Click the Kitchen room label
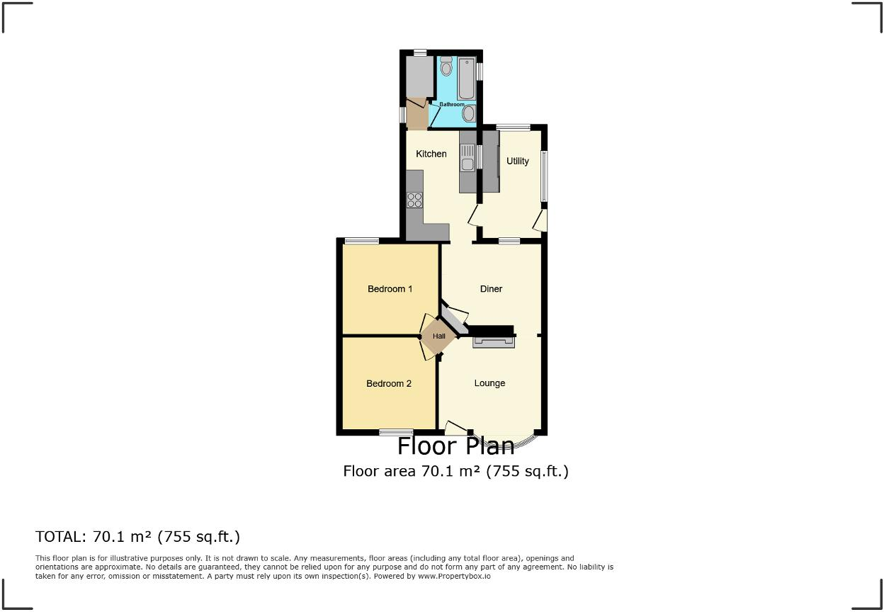[431, 154]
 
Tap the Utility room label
[518, 161]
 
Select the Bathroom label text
[452, 105]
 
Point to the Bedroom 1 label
[390, 289]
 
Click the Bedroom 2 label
[389, 384]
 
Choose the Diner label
[491, 289]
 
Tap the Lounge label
[489, 383]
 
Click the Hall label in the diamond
[439, 336]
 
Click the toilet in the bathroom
[446, 67]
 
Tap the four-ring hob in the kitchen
[414, 200]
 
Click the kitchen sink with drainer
[467, 157]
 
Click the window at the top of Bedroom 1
[361, 242]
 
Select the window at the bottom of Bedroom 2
[396, 432]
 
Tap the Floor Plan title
[455, 446]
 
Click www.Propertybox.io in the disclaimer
[454, 577]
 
